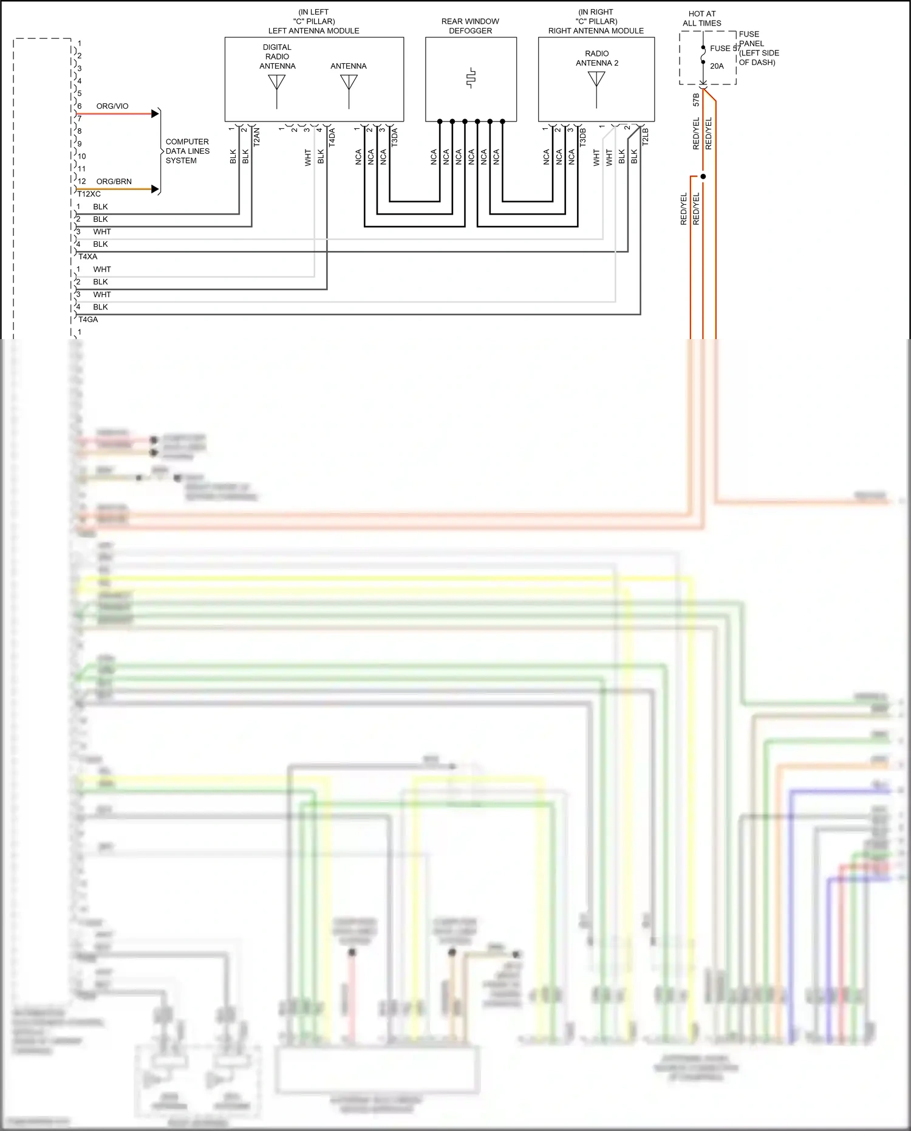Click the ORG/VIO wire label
click(112, 106)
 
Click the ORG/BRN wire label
click(114, 181)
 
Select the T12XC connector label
click(89, 194)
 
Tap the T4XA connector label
click(87, 256)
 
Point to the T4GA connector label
click(87, 319)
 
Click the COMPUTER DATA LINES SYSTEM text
click(187, 151)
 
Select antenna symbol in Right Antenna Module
click(596, 81)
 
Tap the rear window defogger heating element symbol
click(471, 78)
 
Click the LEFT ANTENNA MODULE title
click(313, 30)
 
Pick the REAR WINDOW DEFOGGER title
click(470, 26)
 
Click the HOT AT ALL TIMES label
click(701, 18)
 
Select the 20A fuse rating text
click(717, 66)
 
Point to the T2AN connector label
click(256, 137)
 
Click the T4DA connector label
click(332, 137)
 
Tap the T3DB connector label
click(582, 137)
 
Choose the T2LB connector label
click(645, 137)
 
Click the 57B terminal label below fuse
click(696, 100)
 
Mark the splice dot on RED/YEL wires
click(703, 176)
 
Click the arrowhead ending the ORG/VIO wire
click(155, 114)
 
